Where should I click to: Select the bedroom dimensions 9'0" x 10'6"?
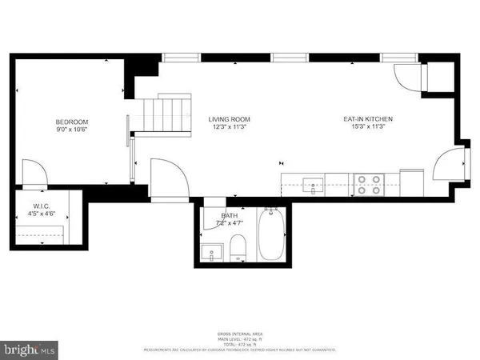click(72, 129)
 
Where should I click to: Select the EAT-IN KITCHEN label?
click(368, 119)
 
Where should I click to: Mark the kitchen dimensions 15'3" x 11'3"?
click(368, 127)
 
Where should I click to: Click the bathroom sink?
click(211, 253)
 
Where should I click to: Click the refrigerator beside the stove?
click(411, 181)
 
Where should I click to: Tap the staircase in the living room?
click(166, 114)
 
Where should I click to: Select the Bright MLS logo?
click(30, 349)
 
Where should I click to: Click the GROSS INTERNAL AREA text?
click(240, 334)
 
